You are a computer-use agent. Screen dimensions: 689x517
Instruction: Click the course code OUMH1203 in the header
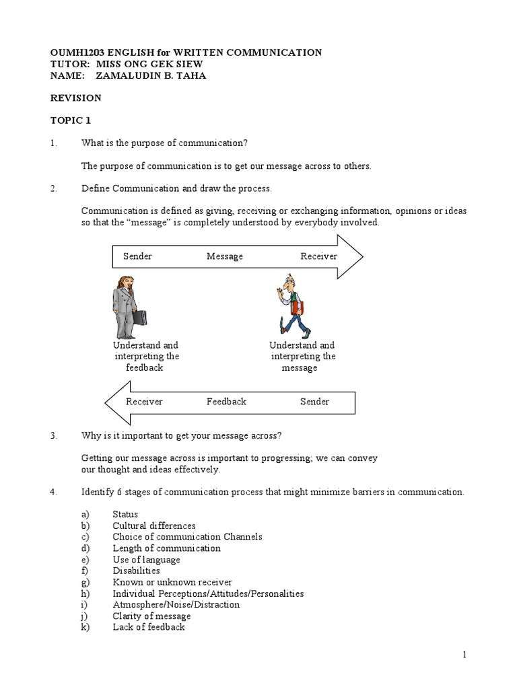(x=76, y=52)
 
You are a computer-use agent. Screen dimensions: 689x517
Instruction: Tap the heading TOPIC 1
(x=71, y=120)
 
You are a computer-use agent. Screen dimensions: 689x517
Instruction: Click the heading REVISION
(x=76, y=98)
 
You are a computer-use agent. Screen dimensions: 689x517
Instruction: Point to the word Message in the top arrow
(x=224, y=256)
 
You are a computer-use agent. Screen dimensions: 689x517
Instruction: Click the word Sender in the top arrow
(x=137, y=256)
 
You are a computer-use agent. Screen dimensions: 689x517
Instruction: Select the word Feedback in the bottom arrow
(x=226, y=402)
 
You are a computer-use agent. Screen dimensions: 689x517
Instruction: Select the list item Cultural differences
(x=154, y=525)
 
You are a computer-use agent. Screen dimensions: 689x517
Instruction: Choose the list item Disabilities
(x=136, y=571)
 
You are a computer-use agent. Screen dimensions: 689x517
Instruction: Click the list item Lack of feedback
(x=148, y=627)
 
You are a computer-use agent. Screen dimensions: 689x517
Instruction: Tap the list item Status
(x=125, y=514)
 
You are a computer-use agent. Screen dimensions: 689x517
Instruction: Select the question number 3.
(x=53, y=435)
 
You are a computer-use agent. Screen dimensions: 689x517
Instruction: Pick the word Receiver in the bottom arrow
(x=144, y=402)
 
